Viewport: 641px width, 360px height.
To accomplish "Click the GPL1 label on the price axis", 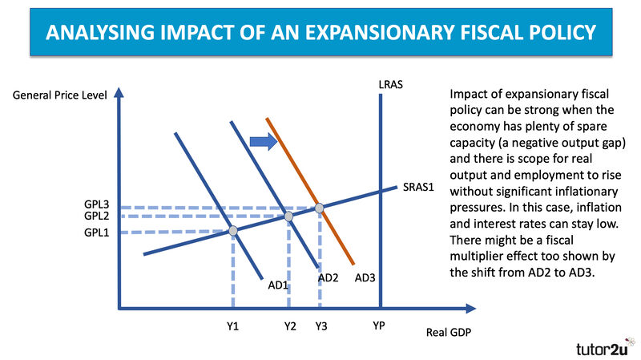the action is coord(96,233).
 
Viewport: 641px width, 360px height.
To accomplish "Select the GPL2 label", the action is coord(96,216).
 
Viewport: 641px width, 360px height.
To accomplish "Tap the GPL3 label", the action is coord(96,204).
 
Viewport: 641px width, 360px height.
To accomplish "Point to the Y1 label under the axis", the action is coord(232,326).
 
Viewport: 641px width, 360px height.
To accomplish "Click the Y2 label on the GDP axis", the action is coord(290,326).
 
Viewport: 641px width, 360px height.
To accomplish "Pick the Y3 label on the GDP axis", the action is coord(321,326).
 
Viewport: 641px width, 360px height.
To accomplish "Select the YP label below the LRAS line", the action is coord(379,326).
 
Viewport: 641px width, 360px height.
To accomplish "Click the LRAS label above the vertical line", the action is coord(390,85).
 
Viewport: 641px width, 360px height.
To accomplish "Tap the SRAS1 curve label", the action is coord(418,187).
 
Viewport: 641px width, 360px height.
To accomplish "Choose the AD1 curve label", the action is coord(278,285).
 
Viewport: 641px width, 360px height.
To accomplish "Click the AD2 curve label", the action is coord(329,278).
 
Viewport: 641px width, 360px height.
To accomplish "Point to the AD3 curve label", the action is coord(365,278).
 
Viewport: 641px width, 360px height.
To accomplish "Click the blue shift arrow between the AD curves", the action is coord(264,142).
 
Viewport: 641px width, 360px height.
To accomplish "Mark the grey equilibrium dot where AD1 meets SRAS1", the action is coord(233,231).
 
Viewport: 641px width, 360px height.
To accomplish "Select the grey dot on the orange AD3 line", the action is coord(319,208).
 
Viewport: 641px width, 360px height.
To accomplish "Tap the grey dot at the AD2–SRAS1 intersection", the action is coord(288,216).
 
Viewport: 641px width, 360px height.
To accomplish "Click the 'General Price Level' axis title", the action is coord(59,95).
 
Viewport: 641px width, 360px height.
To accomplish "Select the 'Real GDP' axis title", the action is coord(449,332).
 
